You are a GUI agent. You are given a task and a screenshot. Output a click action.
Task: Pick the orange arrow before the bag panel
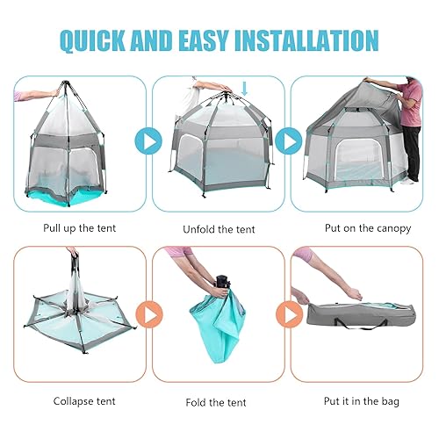click(x=288, y=313)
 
